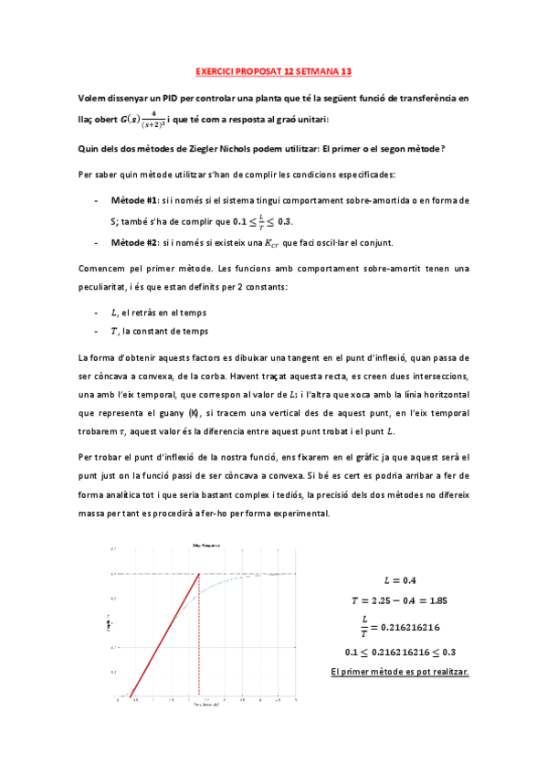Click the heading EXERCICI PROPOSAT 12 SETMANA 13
coord(274,69)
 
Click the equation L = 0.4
coord(400,580)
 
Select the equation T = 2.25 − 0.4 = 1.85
coord(400,600)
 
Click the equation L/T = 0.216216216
coord(400,627)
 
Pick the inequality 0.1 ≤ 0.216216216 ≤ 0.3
coord(400,653)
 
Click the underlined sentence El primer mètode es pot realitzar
coord(400,672)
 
